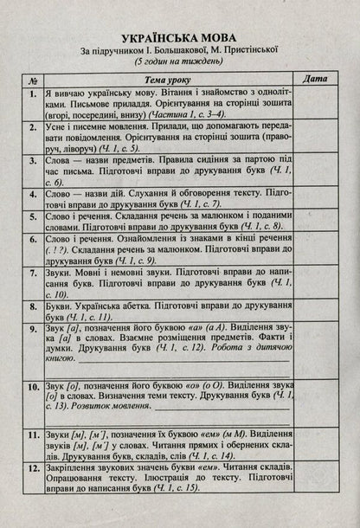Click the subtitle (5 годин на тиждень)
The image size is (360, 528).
click(179, 65)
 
